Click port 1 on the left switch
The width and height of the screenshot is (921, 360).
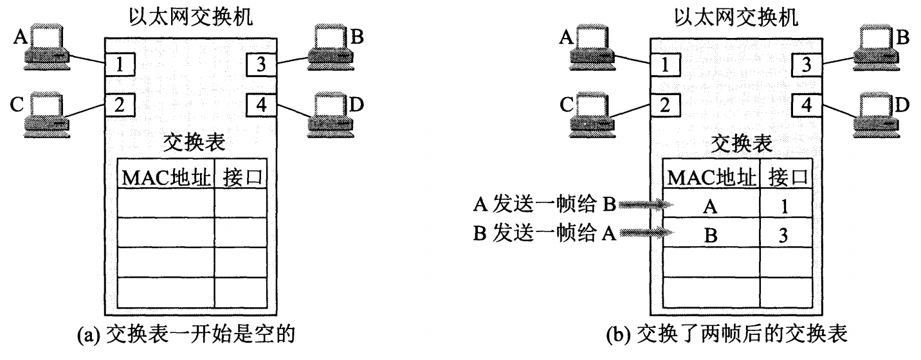[118, 64]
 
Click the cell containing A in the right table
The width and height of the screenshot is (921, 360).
[710, 206]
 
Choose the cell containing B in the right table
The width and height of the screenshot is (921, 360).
[710, 235]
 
